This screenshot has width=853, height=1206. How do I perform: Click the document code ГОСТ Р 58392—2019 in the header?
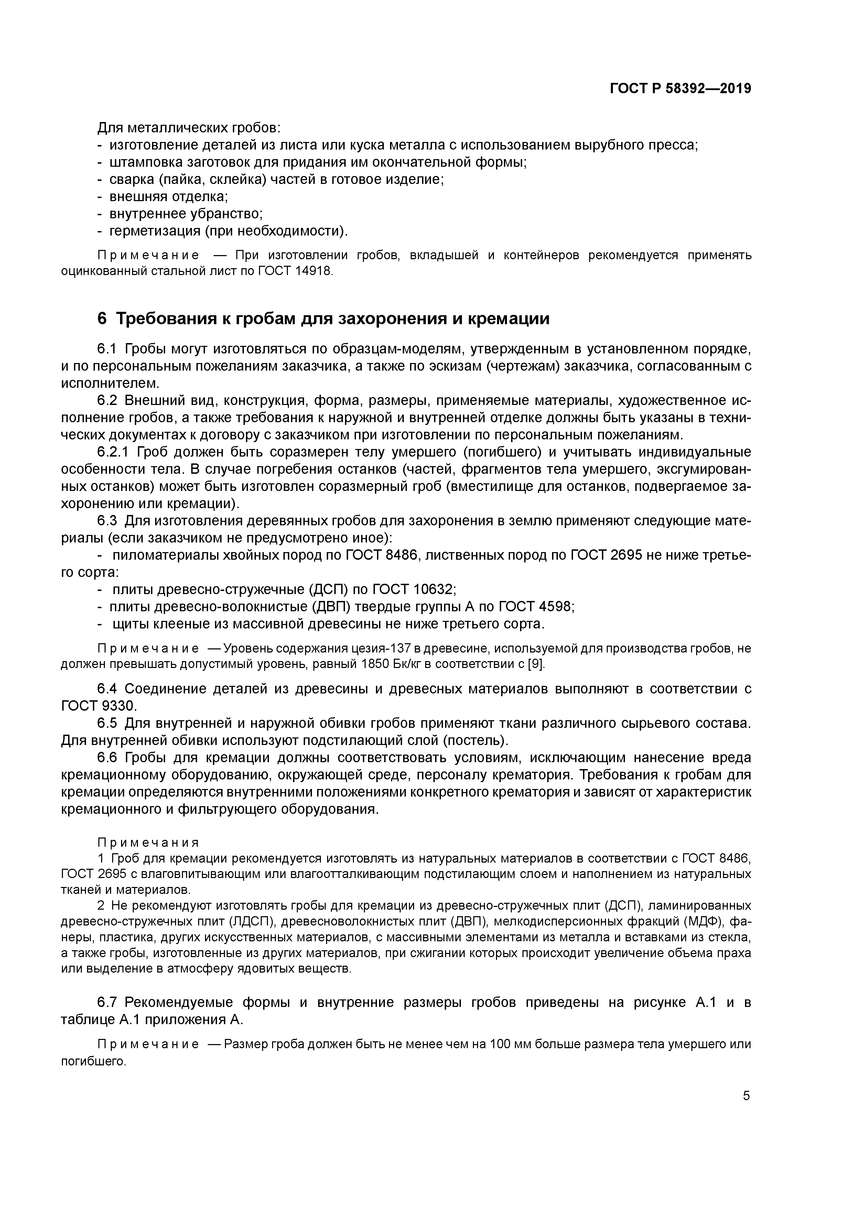click(680, 89)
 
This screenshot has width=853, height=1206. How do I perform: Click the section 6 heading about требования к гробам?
click(323, 318)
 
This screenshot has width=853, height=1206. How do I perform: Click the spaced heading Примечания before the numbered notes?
click(148, 843)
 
